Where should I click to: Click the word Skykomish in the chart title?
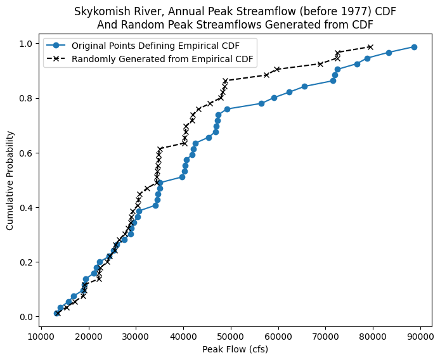pos(98,12)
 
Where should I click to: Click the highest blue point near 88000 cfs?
pos(414,47)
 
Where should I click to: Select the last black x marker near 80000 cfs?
pos(370,47)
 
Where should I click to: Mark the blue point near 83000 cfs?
pos(389,53)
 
